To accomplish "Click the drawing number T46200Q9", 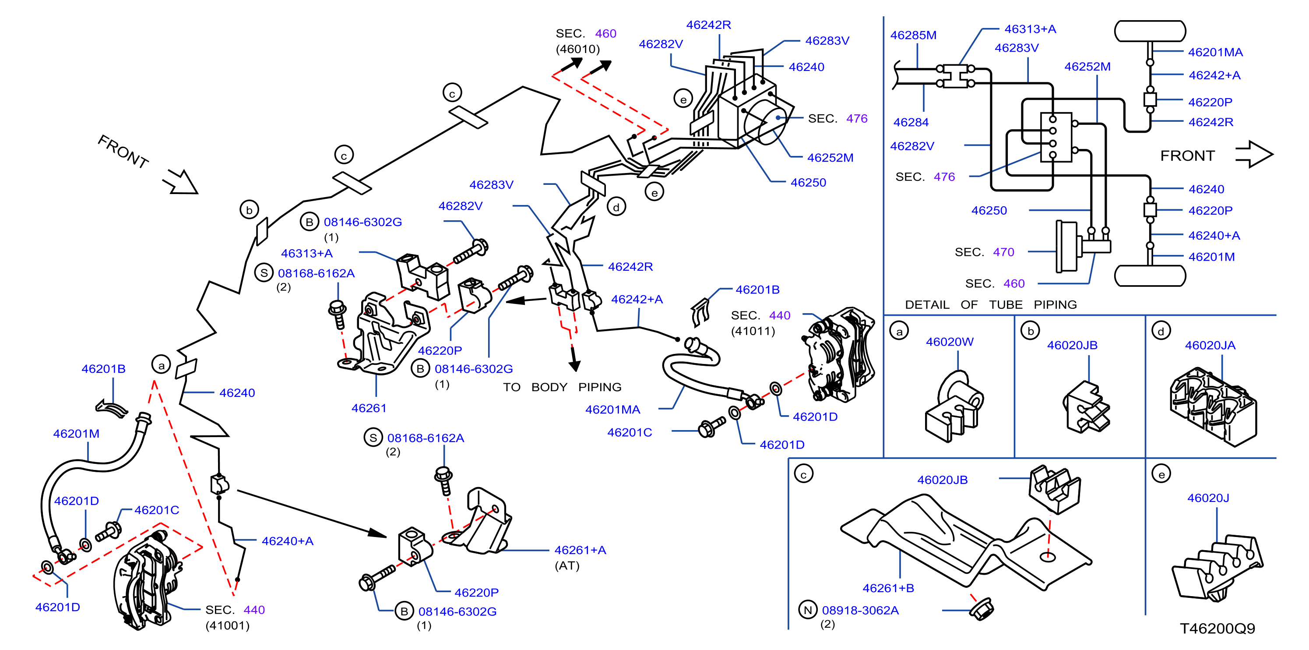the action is tap(1217, 629).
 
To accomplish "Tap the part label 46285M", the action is tap(913, 35).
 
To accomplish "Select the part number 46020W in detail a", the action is tap(949, 342).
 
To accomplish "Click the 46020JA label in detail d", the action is tap(1210, 346).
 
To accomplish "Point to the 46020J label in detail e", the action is tap(1208, 498).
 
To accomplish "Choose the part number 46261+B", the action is tap(888, 588).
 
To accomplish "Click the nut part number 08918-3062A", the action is tap(860, 610).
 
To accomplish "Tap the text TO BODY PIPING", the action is tap(562, 387).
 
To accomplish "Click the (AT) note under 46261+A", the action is tap(567, 565).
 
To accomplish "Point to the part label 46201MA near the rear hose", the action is tap(612, 410).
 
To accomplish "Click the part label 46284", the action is tap(911, 123).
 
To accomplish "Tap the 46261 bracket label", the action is tap(369, 408).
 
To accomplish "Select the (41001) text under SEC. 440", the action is tap(227, 625).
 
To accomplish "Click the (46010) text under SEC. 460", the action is tap(578, 49).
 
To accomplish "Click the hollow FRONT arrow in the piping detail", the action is tap(1254, 154).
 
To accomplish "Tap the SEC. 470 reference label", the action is tap(984, 252).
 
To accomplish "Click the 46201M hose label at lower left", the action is tap(76, 434).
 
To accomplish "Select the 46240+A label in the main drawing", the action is tap(287, 541).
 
